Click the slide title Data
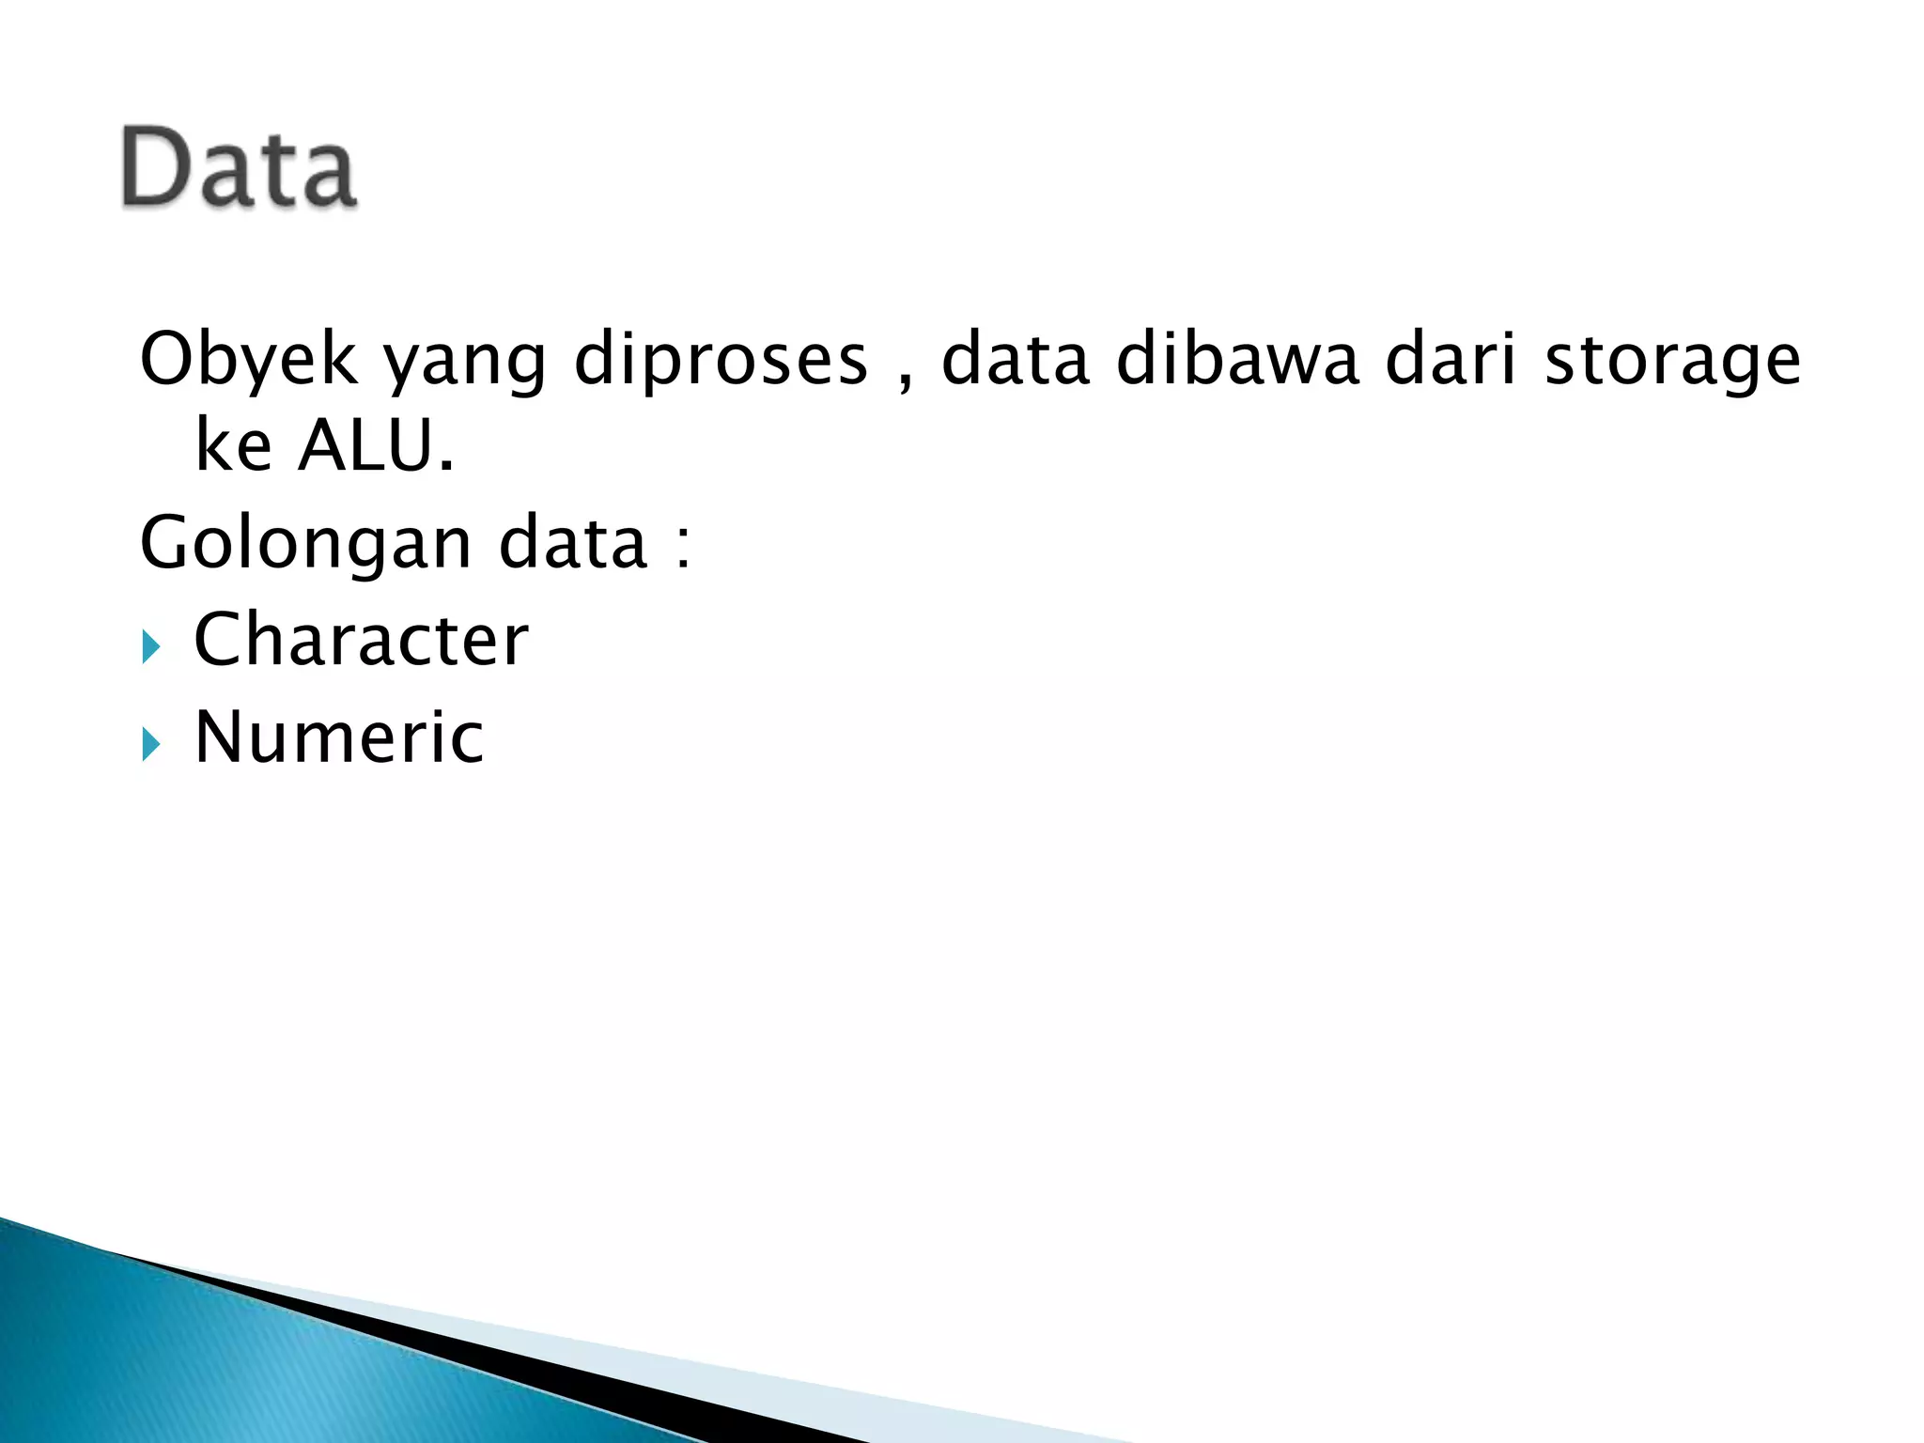pos(239,167)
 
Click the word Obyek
pos(248,359)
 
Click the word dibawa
pos(1237,359)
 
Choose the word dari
pos(1451,359)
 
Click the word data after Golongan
pos(573,543)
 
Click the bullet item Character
pos(361,640)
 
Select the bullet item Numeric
pos(338,737)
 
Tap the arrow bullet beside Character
pos(151,647)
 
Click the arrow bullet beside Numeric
pos(151,745)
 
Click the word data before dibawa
pos(1016,359)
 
